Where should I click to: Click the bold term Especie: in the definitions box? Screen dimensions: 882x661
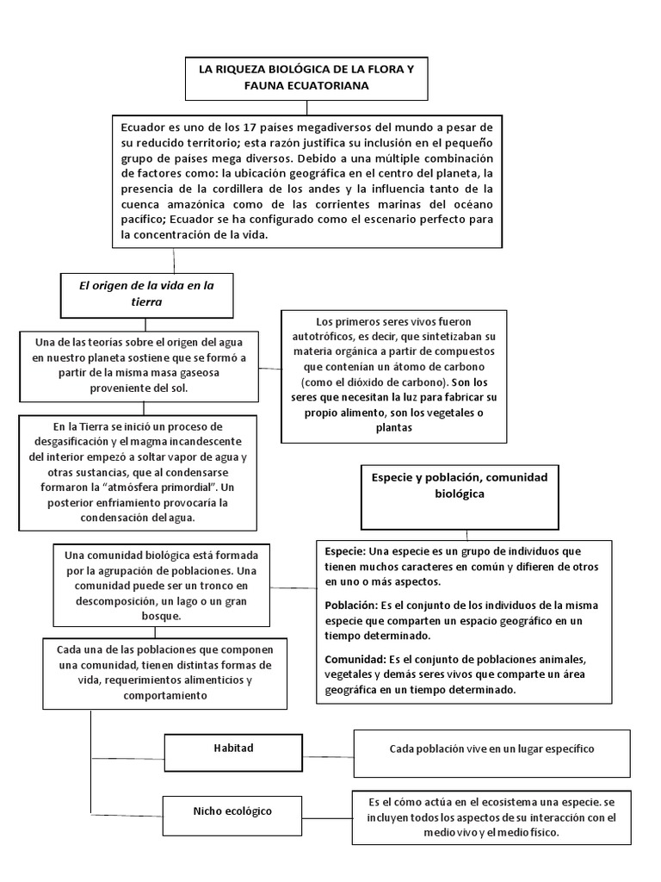[x=346, y=550]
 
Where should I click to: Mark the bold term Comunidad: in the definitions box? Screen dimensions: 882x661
[x=356, y=660]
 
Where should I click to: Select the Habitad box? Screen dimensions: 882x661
[x=233, y=748]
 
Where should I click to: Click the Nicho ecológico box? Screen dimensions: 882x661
[x=232, y=811]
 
